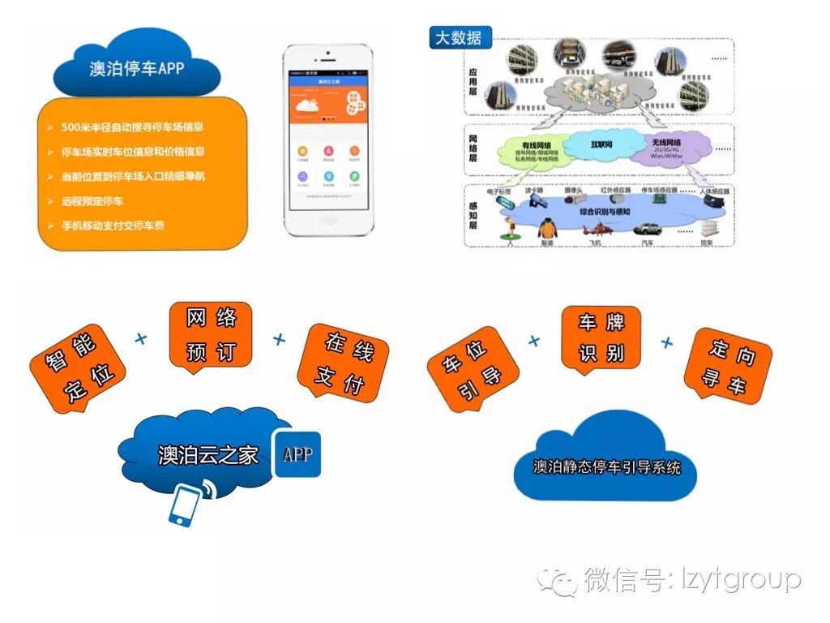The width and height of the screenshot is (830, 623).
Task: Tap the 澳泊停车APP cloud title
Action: (136, 68)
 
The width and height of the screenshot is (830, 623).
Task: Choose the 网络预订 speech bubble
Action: (211, 335)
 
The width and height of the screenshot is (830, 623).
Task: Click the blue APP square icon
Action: (297, 453)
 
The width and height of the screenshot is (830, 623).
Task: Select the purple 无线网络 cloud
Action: (669, 149)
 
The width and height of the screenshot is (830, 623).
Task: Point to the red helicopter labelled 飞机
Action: (595, 230)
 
